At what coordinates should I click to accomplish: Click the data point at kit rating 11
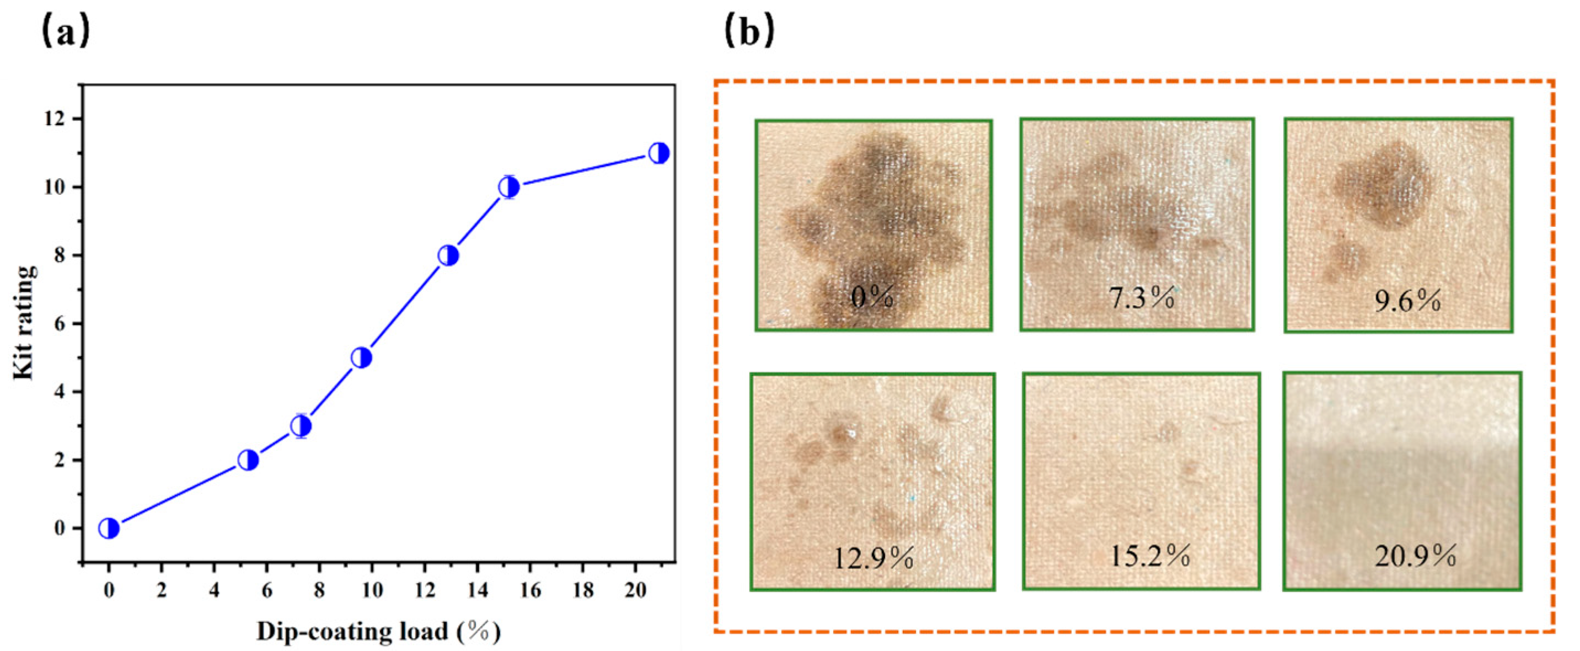pyautogui.click(x=658, y=153)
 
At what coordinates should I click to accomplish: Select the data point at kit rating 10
pyautogui.click(x=509, y=187)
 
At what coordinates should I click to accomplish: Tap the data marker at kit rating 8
pyautogui.click(x=448, y=255)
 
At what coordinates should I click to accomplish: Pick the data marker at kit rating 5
pyautogui.click(x=362, y=357)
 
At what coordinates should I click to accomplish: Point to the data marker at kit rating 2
pyautogui.click(x=248, y=460)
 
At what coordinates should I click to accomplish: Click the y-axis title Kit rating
pyautogui.click(x=24, y=322)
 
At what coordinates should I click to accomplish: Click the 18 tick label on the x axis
pyautogui.click(x=583, y=590)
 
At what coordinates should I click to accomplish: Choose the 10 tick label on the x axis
pyautogui.click(x=372, y=590)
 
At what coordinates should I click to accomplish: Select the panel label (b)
pyautogui.click(x=749, y=33)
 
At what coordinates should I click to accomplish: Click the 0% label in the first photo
pyautogui.click(x=872, y=298)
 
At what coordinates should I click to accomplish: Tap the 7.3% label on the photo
pyautogui.click(x=1142, y=298)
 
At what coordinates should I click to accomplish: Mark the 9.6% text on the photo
pyautogui.click(x=1407, y=301)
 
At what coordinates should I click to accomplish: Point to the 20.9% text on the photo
pyautogui.click(x=1415, y=556)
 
